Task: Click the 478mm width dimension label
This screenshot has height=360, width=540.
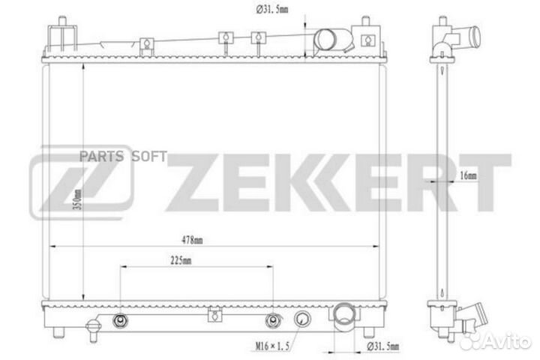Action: [x=192, y=240]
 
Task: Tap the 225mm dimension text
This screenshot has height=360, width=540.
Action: [x=181, y=261]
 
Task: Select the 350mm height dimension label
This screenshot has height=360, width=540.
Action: [x=78, y=199]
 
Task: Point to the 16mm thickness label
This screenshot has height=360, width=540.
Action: [x=468, y=175]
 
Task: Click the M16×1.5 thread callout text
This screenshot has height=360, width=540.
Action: [x=272, y=346]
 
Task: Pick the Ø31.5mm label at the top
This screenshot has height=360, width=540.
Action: [x=272, y=9]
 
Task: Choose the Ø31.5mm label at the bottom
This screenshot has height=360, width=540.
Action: [x=382, y=346]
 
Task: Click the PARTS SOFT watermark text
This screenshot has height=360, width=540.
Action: [x=123, y=157]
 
